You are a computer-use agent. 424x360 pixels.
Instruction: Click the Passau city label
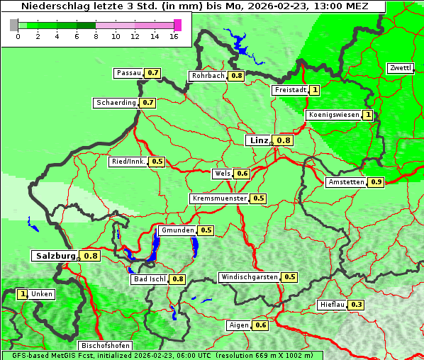tap(128, 73)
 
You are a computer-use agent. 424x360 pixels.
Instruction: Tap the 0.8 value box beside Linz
tap(284, 140)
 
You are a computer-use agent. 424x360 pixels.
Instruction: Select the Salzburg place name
tap(55, 256)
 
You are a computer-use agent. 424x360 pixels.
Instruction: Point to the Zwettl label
tap(400, 68)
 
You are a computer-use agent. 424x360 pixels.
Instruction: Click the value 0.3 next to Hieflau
tap(357, 305)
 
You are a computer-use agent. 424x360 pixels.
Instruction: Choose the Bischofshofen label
tap(104, 346)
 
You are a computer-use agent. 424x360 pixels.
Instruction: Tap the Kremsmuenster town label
tap(219, 198)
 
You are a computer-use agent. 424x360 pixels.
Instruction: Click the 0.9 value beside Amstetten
tap(376, 182)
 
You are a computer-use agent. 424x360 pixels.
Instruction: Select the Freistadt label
tap(290, 90)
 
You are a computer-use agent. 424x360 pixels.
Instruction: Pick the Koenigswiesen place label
tap(333, 115)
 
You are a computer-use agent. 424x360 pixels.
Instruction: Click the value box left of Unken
tap(23, 294)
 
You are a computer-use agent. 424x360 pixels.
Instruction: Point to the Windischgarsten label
tap(249, 277)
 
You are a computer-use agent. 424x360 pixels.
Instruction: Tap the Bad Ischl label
tap(149, 279)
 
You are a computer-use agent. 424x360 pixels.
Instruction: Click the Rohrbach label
tap(208, 76)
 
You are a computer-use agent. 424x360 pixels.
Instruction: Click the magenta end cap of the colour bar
tap(177, 25)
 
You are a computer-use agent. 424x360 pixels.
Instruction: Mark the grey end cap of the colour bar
tap(14, 25)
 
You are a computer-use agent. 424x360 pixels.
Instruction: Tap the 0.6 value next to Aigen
tap(260, 325)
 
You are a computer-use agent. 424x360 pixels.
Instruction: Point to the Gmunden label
tap(177, 230)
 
